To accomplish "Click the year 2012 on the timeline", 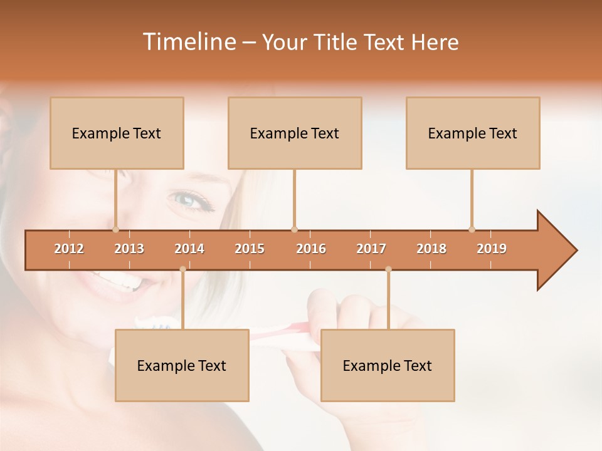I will tap(69, 249).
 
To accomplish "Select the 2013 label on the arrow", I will tap(129, 249).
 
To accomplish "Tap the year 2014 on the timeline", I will tap(189, 249).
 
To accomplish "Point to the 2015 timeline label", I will tap(250, 249).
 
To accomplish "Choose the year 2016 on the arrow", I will tap(311, 249).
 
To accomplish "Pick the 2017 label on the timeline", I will tap(371, 249).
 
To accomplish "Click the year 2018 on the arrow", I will tap(431, 249).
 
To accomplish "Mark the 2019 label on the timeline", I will tap(492, 249).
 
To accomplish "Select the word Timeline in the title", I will tap(189, 42).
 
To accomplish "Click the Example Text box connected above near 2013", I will tap(117, 133).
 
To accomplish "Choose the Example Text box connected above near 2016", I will tap(295, 133).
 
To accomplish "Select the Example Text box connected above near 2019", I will tap(473, 133).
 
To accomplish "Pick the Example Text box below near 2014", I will tap(182, 365).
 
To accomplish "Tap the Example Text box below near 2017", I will tap(388, 365).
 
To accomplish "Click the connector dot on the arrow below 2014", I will tap(182, 269).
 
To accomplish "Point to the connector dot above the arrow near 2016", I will tap(294, 229).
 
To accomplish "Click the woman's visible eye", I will tap(187, 200).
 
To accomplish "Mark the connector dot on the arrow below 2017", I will tap(388, 269).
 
